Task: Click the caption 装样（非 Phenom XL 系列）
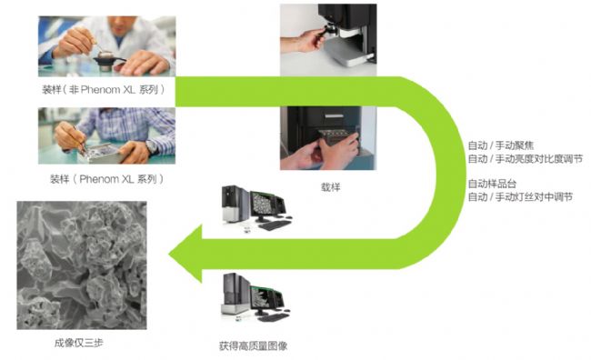click(104, 90)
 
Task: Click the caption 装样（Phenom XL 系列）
click(107, 179)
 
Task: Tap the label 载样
click(331, 187)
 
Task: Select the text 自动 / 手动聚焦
click(501, 145)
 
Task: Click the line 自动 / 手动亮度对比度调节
click(525, 159)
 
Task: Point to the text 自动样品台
click(492, 184)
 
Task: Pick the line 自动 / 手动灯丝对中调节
click(520, 196)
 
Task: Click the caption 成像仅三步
click(79, 343)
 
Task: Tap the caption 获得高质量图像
click(254, 345)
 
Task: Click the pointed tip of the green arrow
click(169, 254)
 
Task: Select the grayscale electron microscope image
click(82, 265)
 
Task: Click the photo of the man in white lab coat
click(106, 46)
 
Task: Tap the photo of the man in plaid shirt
click(106, 135)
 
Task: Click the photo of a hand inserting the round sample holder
click(328, 40)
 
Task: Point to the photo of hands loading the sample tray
click(328, 138)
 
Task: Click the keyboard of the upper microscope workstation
click(275, 225)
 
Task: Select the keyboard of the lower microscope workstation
click(274, 317)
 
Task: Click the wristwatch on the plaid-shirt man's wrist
click(152, 146)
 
